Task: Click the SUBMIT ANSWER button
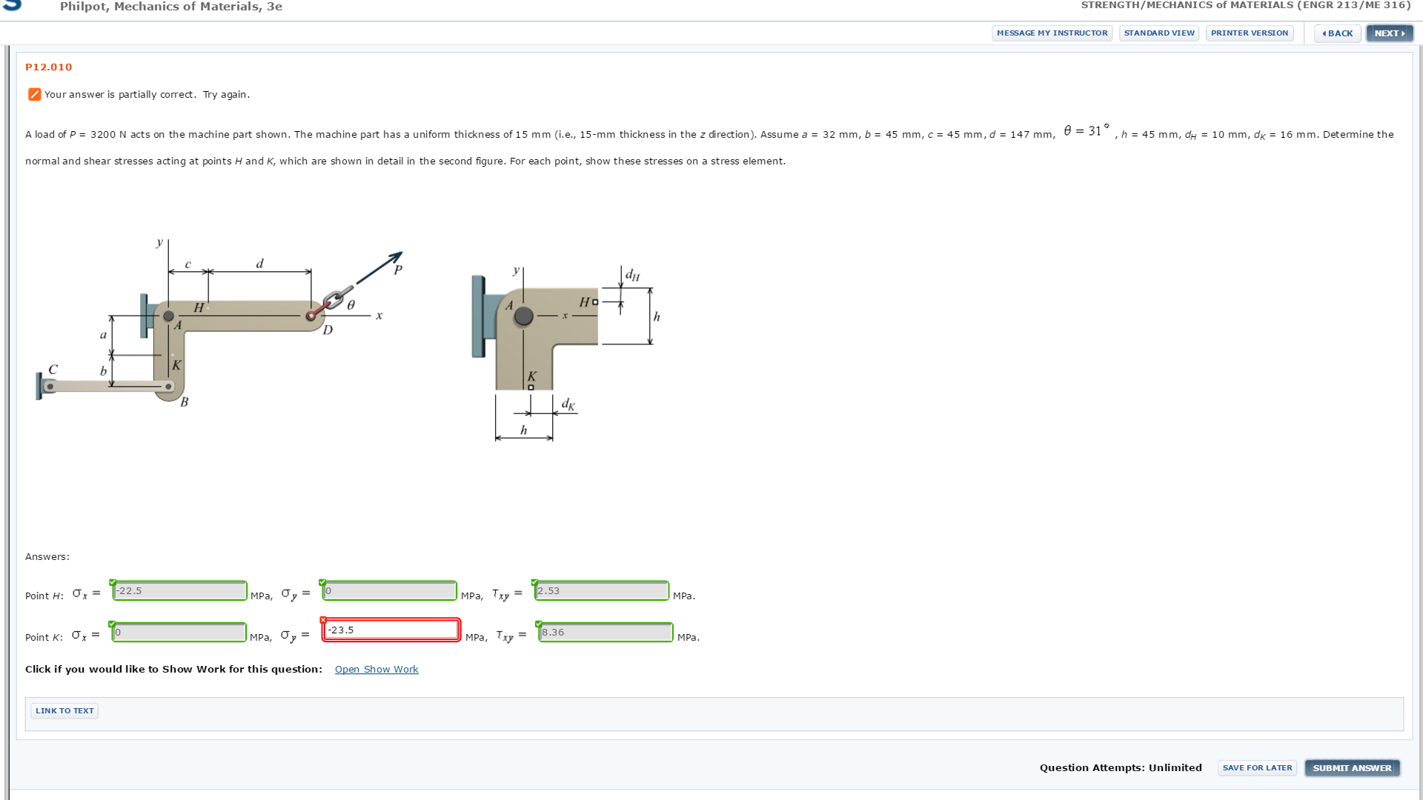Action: [x=1352, y=768]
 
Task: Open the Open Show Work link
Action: [x=377, y=670]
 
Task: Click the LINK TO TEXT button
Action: [x=64, y=711]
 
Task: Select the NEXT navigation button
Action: [x=1389, y=33]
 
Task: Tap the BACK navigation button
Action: [x=1338, y=33]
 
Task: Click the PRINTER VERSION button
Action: [x=1249, y=33]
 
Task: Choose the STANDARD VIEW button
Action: [x=1159, y=33]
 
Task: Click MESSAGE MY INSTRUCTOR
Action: [x=1052, y=33]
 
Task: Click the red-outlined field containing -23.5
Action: [x=391, y=630]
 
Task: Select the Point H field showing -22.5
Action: [x=179, y=591]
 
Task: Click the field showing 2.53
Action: [x=601, y=591]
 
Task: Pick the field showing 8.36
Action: [x=606, y=633]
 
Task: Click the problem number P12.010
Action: [x=49, y=67]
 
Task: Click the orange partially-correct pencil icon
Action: [x=34, y=94]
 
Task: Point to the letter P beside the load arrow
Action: [x=398, y=270]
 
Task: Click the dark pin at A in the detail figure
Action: [x=523, y=316]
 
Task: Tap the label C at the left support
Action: [x=53, y=369]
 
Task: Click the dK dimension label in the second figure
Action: [x=568, y=404]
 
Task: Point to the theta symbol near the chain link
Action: [x=351, y=304]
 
